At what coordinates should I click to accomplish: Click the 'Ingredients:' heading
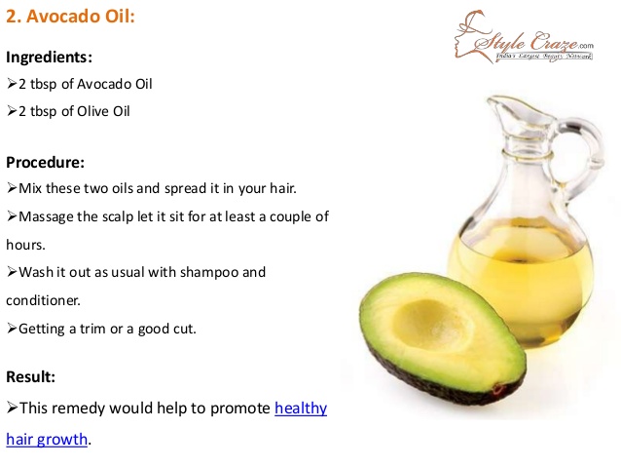coord(49,57)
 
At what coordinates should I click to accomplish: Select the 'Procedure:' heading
coord(46,162)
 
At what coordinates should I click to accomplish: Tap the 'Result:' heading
coord(30,376)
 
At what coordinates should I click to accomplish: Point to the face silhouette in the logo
coord(470,36)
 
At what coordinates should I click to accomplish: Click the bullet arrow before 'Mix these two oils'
coord(12,187)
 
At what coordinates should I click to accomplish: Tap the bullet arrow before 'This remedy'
coord(12,408)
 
